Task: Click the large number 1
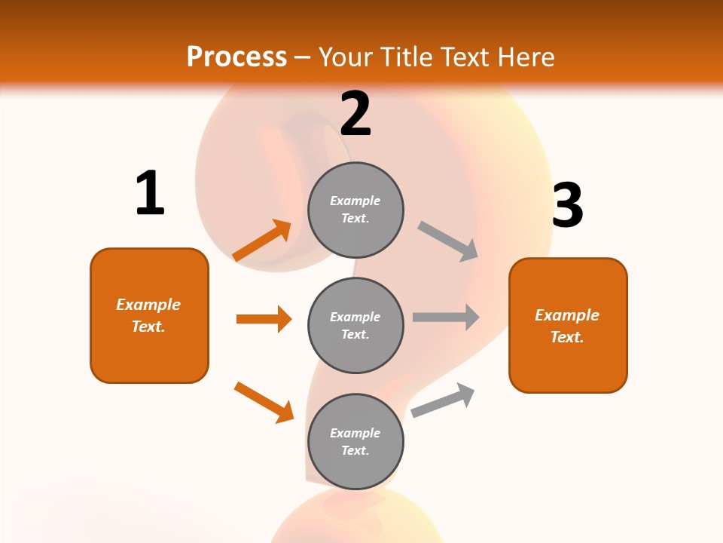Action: pos(150,193)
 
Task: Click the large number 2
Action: pos(355,115)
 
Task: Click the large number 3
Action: pos(567,206)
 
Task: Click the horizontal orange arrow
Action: pos(264,319)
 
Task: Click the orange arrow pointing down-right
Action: pos(264,402)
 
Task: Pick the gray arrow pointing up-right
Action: pos(443,400)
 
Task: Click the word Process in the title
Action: pos(236,57)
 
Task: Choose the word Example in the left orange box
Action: pos(148,305)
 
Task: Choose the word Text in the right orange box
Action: pos(566,337)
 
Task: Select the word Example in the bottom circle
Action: pos(355,433)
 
